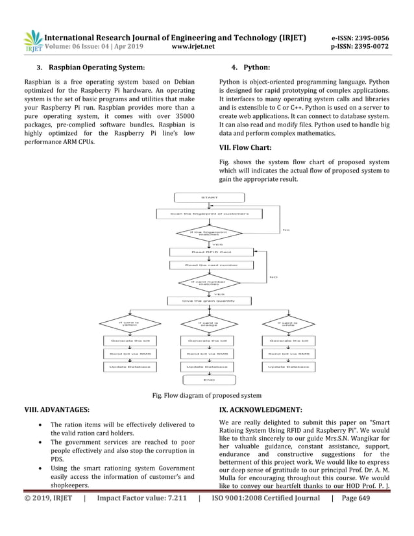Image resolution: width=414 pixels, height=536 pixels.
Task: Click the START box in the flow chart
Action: [209, 197]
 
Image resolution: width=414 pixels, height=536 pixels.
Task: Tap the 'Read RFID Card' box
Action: [209, 251]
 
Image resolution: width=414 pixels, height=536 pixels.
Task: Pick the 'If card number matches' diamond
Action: [209, 282]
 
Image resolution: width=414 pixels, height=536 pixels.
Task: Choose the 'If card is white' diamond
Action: [287, 323]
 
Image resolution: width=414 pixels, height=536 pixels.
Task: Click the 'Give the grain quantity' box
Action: [209, 300]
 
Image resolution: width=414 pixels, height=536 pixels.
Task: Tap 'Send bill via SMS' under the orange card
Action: [209, 354]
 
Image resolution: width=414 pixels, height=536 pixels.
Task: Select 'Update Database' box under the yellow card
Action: [130, 367]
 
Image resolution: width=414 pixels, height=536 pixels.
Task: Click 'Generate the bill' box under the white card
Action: [288, 340]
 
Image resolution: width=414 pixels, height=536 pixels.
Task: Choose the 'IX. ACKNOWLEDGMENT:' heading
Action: [261, 409]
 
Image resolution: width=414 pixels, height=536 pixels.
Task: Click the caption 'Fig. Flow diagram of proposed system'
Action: [206, 395]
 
